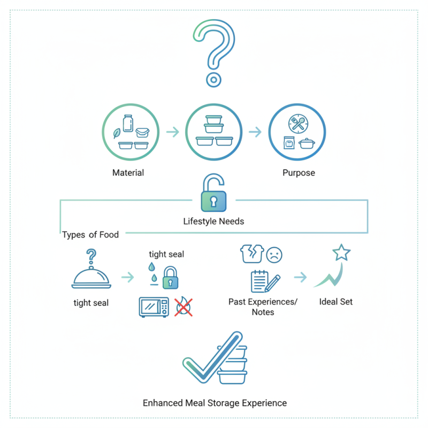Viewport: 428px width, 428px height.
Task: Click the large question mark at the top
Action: pyautogui.click(x=214, y=51)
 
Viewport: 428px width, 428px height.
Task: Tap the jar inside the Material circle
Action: pyautogui.click(x=128, y=123)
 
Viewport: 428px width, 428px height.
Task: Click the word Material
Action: pyautogui.click(x=128, y=173)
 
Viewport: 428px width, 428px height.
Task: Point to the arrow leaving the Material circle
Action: pyautogui.click(x=172, y=132)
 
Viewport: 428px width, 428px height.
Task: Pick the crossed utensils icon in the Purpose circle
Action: pyautogui.click(x=297, y=123)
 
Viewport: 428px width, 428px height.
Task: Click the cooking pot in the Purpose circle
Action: pyautogui.click(x=307, y=143)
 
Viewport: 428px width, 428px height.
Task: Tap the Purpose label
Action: pyautogui.click(x=299, y=173)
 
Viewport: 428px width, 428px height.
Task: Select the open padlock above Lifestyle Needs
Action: pyautogui.click(x=213, y=196)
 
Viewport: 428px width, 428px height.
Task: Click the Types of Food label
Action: pyautogui.click(x=90, y=235)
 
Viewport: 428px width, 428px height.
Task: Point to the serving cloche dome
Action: pyautogui.click(x=91, y=277)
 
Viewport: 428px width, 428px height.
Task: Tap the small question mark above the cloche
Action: pyautogui.click(x=91, y=254)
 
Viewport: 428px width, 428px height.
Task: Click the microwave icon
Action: pyautogui.click(x=154, y=307)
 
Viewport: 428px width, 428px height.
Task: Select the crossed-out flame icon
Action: pyautogui.click(x=184, y=307)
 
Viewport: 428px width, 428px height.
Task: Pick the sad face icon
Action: pyautogui.click(x=274, y=254)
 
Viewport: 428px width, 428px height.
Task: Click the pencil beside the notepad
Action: pyautogui.click(x=273, y=282)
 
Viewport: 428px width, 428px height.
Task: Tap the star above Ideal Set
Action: pyautogui.click(x=341, y=253)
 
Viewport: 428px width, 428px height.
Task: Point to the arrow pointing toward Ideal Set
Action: pyautogui.click(x=301, y=277)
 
